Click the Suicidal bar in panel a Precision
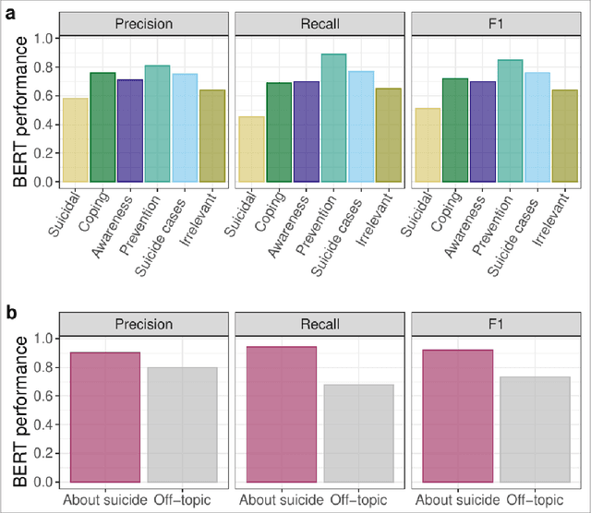coord(75,139)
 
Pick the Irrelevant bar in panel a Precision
coord(211,136)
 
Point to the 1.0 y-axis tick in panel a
coord(42,39)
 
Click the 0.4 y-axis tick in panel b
coord(42,424)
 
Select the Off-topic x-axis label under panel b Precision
coord(181,500)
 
